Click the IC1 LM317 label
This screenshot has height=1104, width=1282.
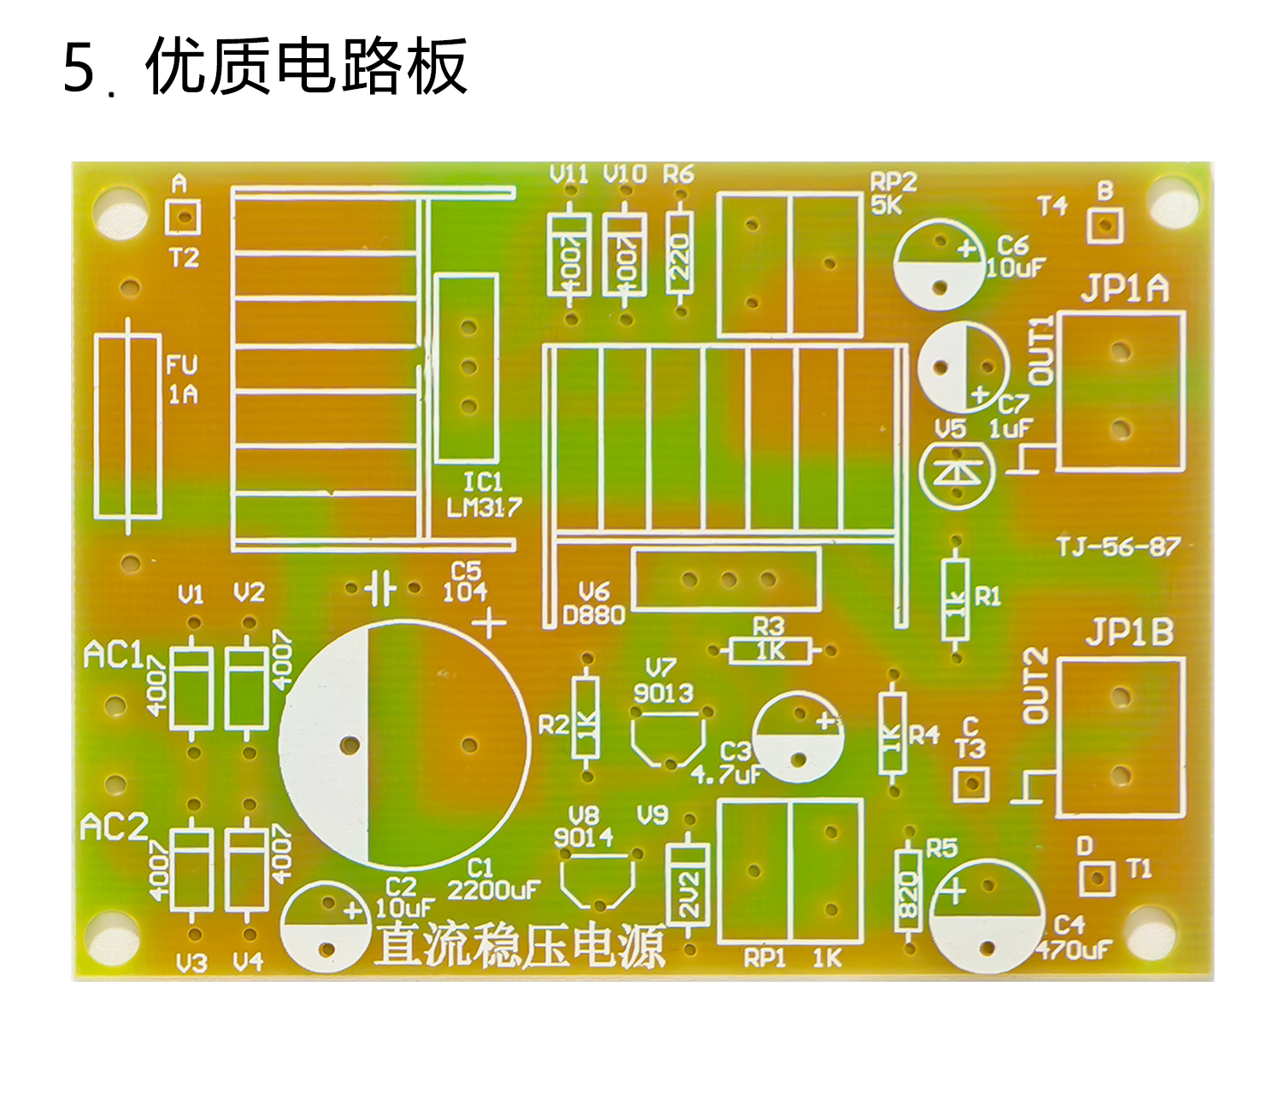484,494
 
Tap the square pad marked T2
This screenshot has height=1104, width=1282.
182,217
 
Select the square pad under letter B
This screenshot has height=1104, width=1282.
1105,226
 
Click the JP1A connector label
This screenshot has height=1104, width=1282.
1124,289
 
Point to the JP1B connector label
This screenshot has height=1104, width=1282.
1129,632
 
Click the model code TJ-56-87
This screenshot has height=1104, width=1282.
1118,546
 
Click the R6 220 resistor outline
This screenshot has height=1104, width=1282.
679,252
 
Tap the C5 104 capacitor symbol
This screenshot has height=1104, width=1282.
380,588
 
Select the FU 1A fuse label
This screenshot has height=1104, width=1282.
182,379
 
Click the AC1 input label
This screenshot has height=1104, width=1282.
114,655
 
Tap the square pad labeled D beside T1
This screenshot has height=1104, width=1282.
1098,878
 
